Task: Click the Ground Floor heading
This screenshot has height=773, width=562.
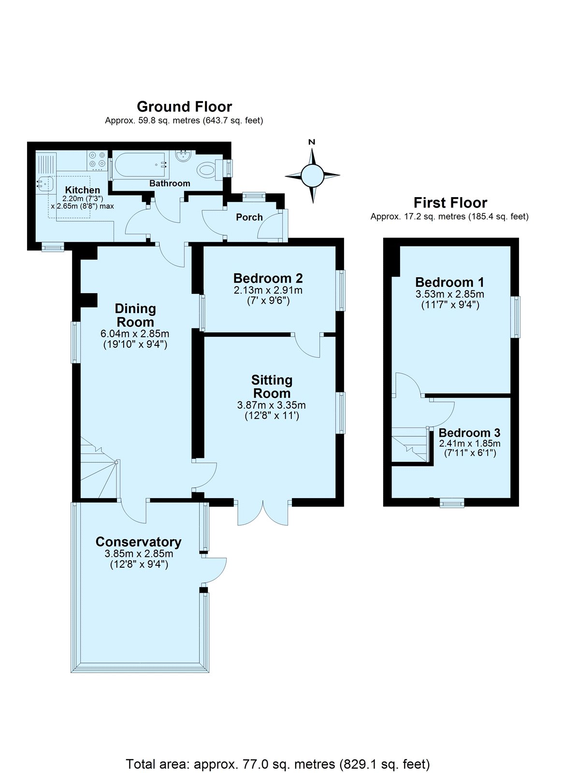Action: (x=184, y=107)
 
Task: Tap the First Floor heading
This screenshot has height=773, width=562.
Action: (x=450, y=202)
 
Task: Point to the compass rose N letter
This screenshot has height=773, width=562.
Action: (x=312, y=142)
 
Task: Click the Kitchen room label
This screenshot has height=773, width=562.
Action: (x=83, y=190)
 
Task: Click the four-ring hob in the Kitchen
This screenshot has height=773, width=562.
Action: (x=97, y=160)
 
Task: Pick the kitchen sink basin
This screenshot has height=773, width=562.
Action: (x=44, y=184)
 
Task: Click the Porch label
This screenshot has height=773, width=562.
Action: (x=249, y=217)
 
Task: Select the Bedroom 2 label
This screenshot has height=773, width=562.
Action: (x=268, y=278)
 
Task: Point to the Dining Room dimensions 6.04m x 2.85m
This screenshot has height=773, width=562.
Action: (x=135, y=334)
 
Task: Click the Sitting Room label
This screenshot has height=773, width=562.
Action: (x=272, y=386)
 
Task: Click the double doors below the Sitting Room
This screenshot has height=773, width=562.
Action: (x=263, y=515)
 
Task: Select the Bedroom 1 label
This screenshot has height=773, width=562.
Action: (x=450, y=282)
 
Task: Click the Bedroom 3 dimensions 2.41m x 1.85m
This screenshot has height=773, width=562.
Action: (x=470, y=444)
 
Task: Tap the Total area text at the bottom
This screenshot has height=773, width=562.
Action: (x=277, y=764)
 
